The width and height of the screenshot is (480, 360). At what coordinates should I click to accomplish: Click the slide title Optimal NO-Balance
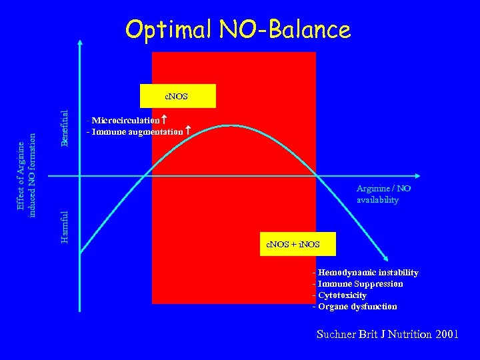(x=237, y=29)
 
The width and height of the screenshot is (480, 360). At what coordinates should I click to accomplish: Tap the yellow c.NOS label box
(x=177, y=96)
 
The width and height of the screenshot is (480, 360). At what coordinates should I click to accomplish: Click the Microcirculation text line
(x=125, y=121)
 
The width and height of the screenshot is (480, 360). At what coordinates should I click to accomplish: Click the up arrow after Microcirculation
(x=164, y=120)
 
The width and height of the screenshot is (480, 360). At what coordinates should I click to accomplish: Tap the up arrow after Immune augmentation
(x=188, y=131)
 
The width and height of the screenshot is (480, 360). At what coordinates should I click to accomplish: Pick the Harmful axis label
(x=64, y=227)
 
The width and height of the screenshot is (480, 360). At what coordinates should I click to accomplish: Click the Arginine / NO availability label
(x=383, y=194)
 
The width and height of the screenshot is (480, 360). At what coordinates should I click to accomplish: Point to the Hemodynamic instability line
(x=366, y=272)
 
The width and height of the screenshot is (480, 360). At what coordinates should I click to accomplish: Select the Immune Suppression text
(x=358, y=283)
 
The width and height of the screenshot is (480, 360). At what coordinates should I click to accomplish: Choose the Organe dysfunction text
(x=355, y=307)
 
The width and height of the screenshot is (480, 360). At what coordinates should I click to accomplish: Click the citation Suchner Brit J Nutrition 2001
(x=387, y=334)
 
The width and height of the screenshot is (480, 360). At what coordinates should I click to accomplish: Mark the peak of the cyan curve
(x=231, y=125)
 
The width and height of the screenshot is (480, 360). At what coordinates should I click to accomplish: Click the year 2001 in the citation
(x=445, y=334)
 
